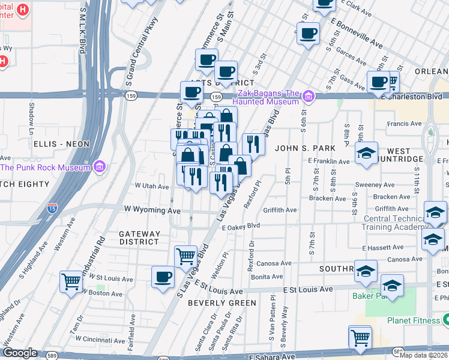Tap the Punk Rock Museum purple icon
tap(100, 166)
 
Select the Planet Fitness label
tap(413, 320)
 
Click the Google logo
tap(20, 353)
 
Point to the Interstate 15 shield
tap(52, 209)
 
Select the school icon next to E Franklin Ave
tap(366, 154)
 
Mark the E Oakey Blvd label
tap(240, 227)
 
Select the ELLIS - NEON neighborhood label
tap(62, 144)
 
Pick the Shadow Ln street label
tap(31, 118)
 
